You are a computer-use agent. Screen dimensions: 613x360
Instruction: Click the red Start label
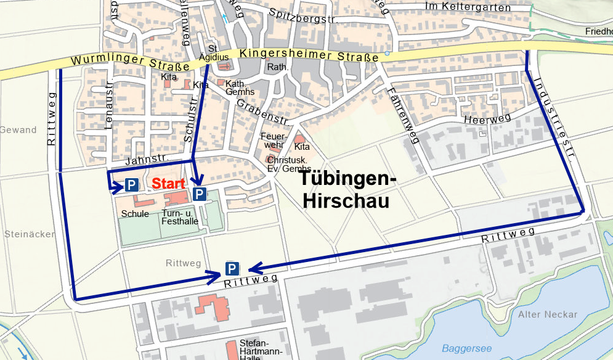(169, 184)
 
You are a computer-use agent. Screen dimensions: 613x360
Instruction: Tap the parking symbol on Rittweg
(232, 269)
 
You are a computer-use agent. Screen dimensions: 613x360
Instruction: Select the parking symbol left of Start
(131, 184)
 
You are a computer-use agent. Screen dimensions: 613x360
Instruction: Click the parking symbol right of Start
(200, 194)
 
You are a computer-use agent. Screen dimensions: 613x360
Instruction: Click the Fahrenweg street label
(405, 115)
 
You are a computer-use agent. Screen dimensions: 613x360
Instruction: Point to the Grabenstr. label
(262, 110)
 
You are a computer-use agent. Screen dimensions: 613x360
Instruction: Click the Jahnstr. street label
(147, 160)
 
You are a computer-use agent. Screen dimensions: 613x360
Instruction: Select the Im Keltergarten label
(469, 7)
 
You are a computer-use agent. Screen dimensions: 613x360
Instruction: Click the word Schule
(135, 214)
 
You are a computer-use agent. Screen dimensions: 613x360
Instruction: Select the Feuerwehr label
(272, 140)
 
